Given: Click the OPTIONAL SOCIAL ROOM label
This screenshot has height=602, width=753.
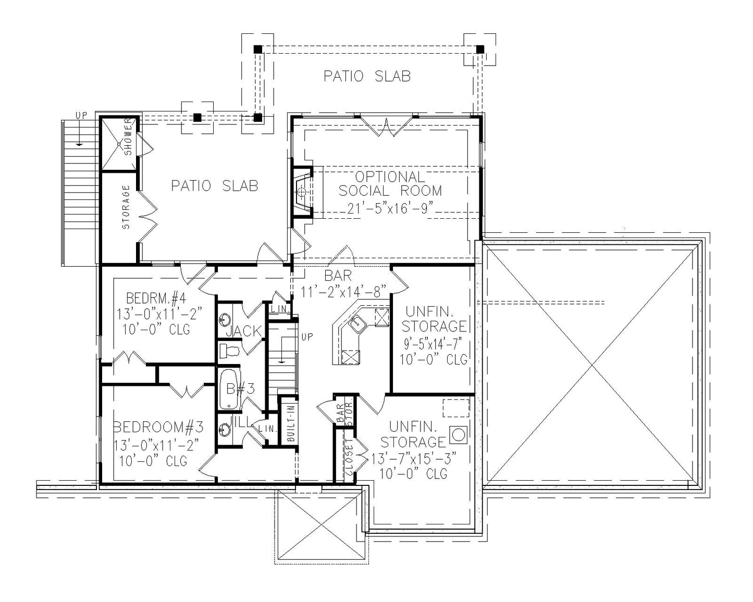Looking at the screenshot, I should click(390, 184).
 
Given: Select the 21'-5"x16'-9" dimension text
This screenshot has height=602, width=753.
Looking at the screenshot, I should click(390, 209).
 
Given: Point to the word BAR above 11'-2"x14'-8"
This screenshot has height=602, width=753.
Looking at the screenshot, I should click(338, 275).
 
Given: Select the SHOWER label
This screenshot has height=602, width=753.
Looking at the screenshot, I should click(129, 137).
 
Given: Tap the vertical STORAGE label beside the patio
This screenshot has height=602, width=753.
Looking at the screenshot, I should click(126, 207).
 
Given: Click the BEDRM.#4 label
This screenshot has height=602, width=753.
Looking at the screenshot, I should click(156, 299).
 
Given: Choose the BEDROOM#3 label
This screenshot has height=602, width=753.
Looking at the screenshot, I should click(158, 428).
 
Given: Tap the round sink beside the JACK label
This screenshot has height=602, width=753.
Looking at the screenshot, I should click(225, 319).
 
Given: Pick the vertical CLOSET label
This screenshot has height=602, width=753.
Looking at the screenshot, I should click(349, 457).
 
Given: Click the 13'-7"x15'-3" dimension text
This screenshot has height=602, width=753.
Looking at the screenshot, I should click(414, 458).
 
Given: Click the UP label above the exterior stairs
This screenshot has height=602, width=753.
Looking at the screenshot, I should click(81, 115).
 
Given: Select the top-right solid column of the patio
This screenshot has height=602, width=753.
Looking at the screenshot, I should click(480, 49).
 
